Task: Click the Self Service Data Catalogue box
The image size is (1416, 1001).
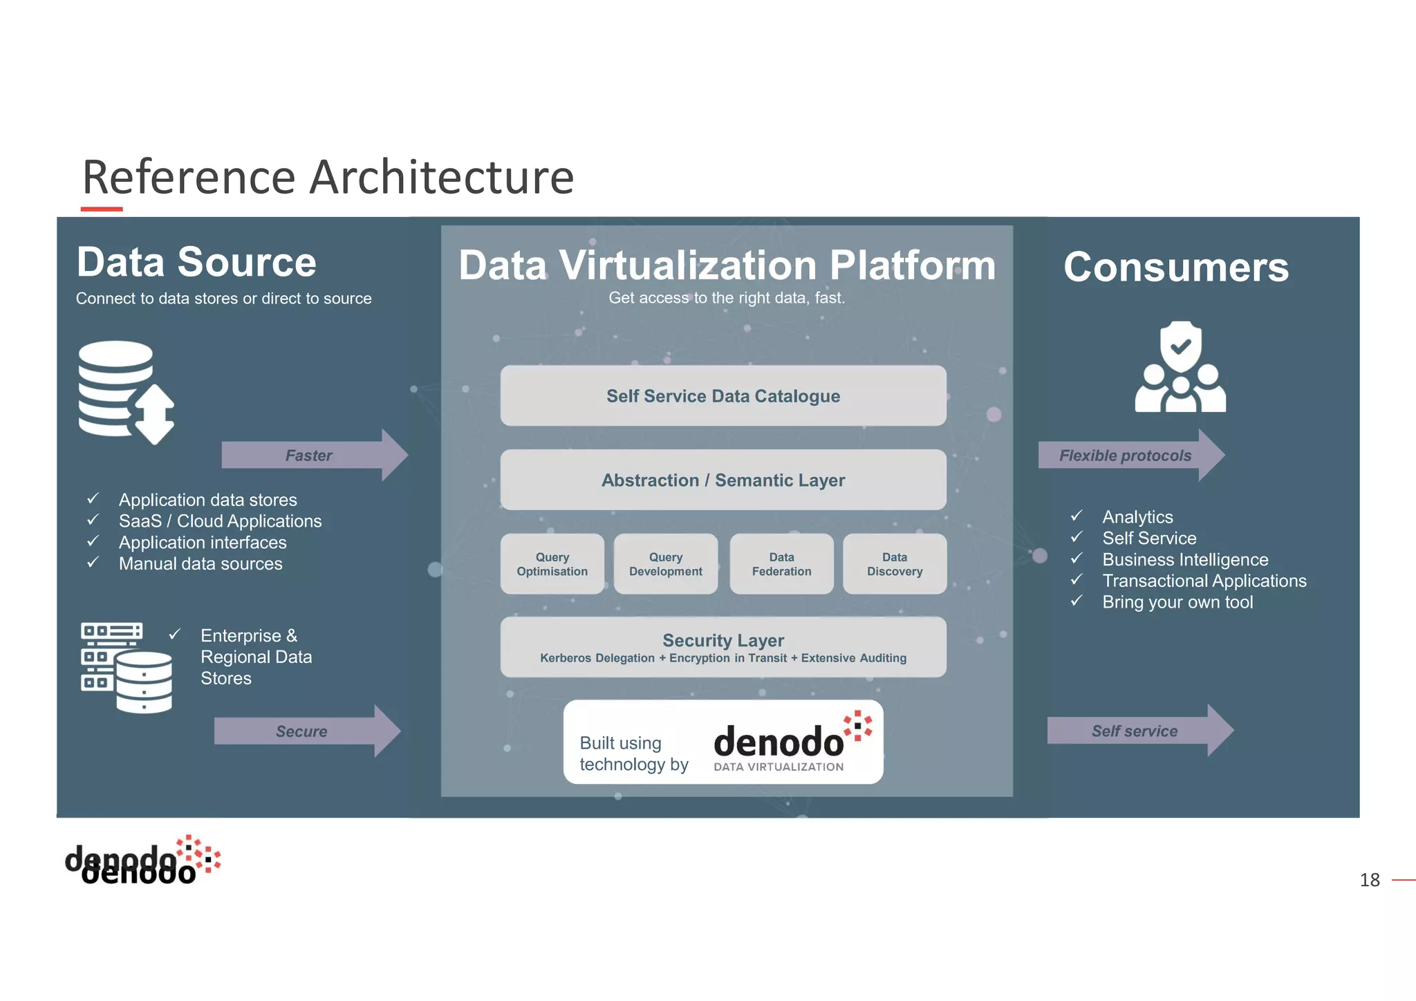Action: click(723, 396)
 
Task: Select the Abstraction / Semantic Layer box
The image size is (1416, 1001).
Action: click(723, 480)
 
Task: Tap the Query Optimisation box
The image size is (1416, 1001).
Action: click(552, 564)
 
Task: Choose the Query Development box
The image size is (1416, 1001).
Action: click(665, 564)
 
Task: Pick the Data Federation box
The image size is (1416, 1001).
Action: click(781, 564)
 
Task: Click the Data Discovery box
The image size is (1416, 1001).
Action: click(895, 564)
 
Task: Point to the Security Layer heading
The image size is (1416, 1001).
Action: click(723, 640)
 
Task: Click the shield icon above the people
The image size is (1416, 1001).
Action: click(1180, 346)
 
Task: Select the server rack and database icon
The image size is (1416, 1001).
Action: click(126, 667)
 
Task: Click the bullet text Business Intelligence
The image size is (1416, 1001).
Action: click(1185, 560)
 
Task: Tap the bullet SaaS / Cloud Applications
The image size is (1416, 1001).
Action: click(220, 521)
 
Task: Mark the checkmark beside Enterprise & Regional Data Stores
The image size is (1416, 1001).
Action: click(175, 634)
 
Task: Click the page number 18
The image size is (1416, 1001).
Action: click(1369, 880)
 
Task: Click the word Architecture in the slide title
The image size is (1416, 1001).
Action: click(441, 178)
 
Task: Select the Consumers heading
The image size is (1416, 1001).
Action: click(1176, 267)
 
